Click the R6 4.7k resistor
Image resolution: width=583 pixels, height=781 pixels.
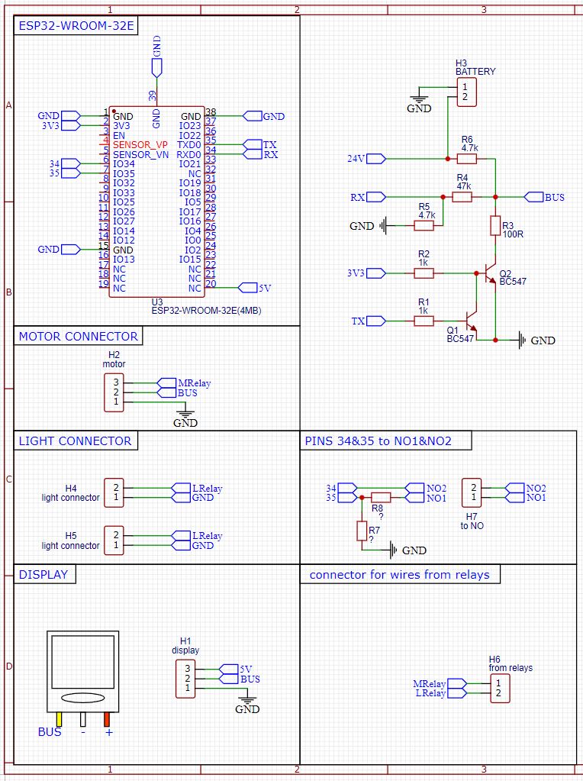pyautogui.click(x=467, y=159)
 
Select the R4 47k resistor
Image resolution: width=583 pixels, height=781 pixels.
pyautogui.click(x=462, y=197)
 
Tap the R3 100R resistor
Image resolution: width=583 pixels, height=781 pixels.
pyautogui.click(x=494, y=225)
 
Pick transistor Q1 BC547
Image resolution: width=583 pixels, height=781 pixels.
pyautogui.click(x=470, y=321)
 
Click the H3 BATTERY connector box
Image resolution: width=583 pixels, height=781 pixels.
pyautogui.click(x=467, y=92)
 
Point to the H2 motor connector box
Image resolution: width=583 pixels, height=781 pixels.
pyautogui.click(x=114, y=392)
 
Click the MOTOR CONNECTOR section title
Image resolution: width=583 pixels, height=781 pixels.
pyautogui.click(x=78, y=336)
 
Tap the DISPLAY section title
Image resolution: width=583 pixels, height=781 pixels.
pyautogui.click(x=44, y=574)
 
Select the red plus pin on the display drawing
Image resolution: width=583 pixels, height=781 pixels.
pyautogui.click(x=108, y=719)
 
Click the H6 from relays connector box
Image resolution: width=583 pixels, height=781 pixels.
pyautogui.click(x=498, y=688)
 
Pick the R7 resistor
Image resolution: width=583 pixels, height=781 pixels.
pyautogui.click(x=362, y=531)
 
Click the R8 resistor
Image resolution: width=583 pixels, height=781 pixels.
pyautogui.click(x=381, y=498)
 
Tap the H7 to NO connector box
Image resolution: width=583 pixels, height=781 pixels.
pyautogui.click(x=473, y=492)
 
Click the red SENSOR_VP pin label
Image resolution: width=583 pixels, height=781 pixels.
pyautogui.click(x=140, y=144)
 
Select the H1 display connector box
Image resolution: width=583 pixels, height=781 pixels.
pyautogui.click(x=185, y=678)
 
